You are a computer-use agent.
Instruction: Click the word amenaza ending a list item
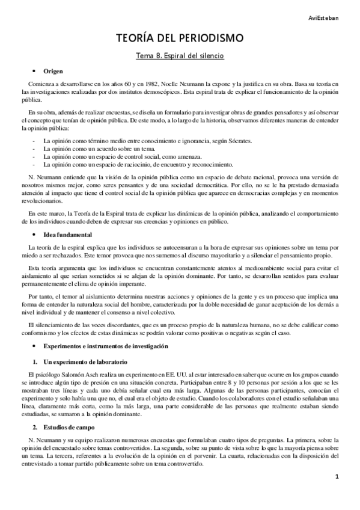pyautogui.click(x=169, y=156)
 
